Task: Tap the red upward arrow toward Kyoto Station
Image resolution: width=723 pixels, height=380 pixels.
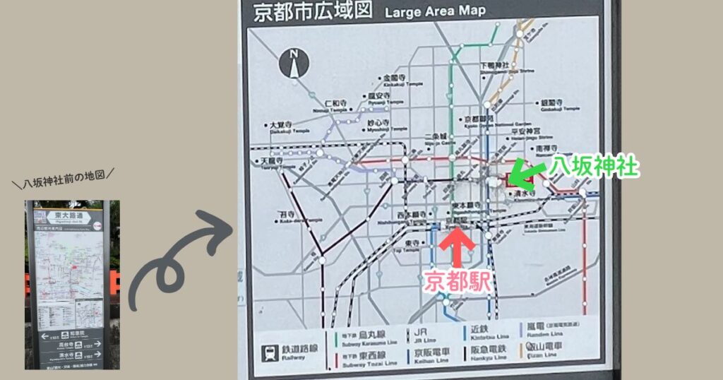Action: [457, 248]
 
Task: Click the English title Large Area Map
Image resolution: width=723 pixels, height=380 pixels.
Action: [436, 12]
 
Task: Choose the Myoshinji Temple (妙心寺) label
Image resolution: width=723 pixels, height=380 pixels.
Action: [379, 124]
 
